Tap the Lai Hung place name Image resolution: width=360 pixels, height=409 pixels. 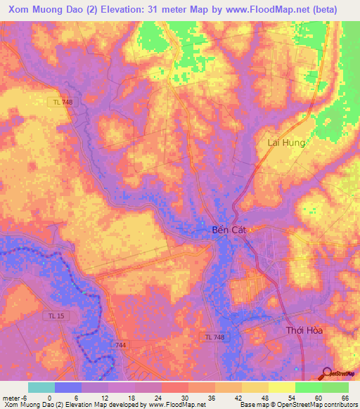285,143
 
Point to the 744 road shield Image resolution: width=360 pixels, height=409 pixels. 121,345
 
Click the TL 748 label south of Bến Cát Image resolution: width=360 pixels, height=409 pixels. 216,338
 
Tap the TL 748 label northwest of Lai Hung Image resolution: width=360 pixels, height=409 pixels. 63,103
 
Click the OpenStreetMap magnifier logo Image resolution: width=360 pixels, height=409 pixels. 328,374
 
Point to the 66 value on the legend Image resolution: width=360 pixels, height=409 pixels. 345,397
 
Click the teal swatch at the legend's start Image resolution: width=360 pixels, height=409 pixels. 41,387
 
